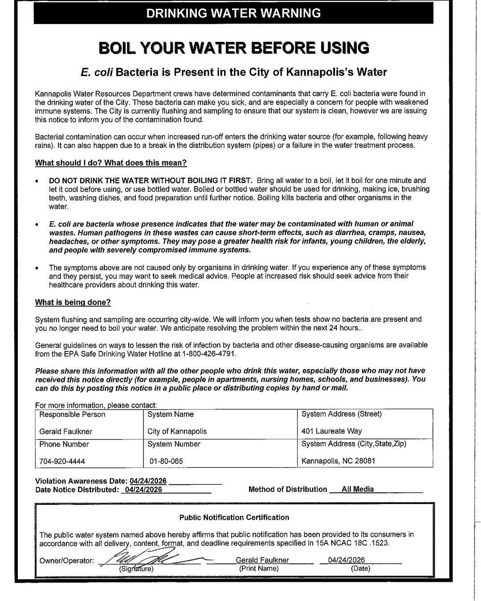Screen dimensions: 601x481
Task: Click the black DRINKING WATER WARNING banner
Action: (233, 13)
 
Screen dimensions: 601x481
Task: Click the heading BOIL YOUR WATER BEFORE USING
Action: (233, 48)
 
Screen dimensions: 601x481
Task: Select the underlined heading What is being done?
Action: (73, 302)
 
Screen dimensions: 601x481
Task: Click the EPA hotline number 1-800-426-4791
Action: (209, 354)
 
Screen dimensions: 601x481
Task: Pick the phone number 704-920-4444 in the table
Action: (62, 461)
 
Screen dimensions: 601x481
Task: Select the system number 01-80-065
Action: (166, 461)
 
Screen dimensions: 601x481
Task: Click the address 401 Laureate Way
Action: (331, 431)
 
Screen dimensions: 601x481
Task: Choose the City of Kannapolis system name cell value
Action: (177, 431)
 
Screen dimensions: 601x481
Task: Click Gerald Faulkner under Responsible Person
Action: (66, 431)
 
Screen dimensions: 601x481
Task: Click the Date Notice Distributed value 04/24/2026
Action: (144, 490)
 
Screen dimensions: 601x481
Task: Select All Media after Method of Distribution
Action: (358, 489)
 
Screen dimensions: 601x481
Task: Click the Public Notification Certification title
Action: (234, 517)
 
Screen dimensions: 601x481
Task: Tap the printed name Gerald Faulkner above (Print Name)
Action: (262, 560)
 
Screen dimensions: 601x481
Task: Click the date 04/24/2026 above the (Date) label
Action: (346, 560)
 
